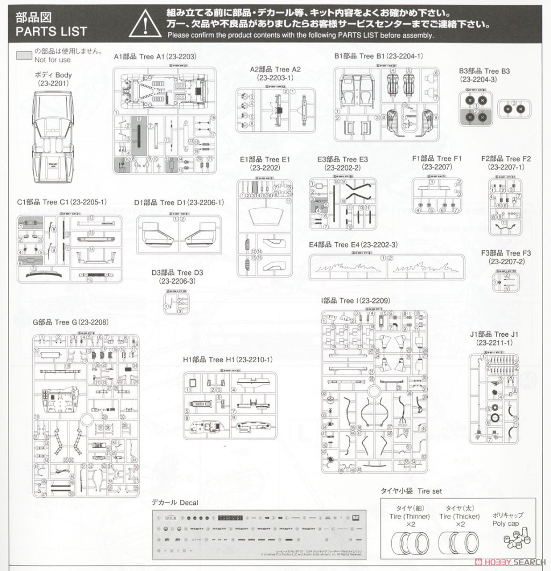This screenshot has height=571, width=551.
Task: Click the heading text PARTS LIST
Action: (x=51, y=31)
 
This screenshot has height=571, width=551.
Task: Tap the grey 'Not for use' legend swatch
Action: (x=24, y=55)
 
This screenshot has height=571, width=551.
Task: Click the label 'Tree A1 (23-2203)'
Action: (x=155, y=57)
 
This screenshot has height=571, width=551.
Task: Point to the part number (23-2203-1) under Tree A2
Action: (x=275, y=78)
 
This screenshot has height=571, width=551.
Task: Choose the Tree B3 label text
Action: (x=484, y=71)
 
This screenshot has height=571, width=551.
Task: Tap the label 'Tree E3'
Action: (x=343, y=159)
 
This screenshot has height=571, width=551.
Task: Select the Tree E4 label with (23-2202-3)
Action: (x=354, y=245)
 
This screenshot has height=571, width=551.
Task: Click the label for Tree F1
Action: (x=437, y=159)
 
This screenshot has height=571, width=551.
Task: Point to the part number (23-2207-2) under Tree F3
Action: (x=506, y=262)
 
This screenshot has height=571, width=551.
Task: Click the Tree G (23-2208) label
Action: (x=71, y=322)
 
